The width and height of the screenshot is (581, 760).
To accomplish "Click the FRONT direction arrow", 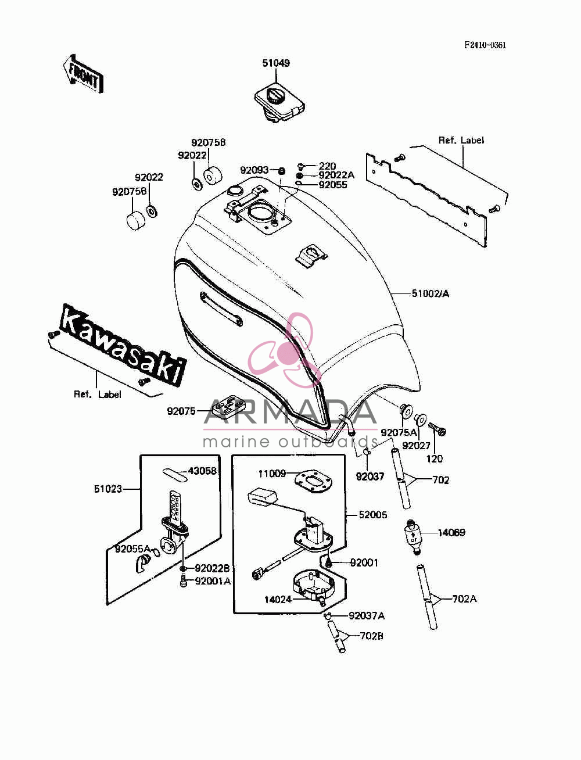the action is pos(83,73).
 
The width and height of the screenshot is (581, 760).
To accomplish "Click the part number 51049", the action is pos(276,63).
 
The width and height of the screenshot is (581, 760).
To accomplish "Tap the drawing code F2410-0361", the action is pos(485,45).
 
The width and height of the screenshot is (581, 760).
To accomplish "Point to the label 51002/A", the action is pos(431,294).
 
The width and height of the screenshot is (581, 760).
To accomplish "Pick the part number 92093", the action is pos(254,170).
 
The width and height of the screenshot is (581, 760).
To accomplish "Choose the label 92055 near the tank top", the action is pos(333,185).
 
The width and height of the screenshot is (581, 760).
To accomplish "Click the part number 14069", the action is pos(451,532).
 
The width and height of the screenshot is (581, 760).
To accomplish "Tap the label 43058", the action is pos(202,471).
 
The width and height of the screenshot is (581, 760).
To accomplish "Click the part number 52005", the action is pos(373,515).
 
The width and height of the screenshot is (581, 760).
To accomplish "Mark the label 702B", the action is pos(371,636).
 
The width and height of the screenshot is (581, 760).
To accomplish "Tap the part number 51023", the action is pos(108,489).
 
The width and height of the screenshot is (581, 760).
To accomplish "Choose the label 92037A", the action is pos(367,616).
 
